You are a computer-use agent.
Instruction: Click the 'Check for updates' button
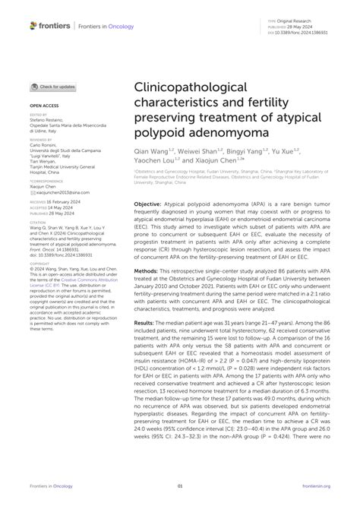pos(53,87)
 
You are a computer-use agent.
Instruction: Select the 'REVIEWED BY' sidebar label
pos(42,140)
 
